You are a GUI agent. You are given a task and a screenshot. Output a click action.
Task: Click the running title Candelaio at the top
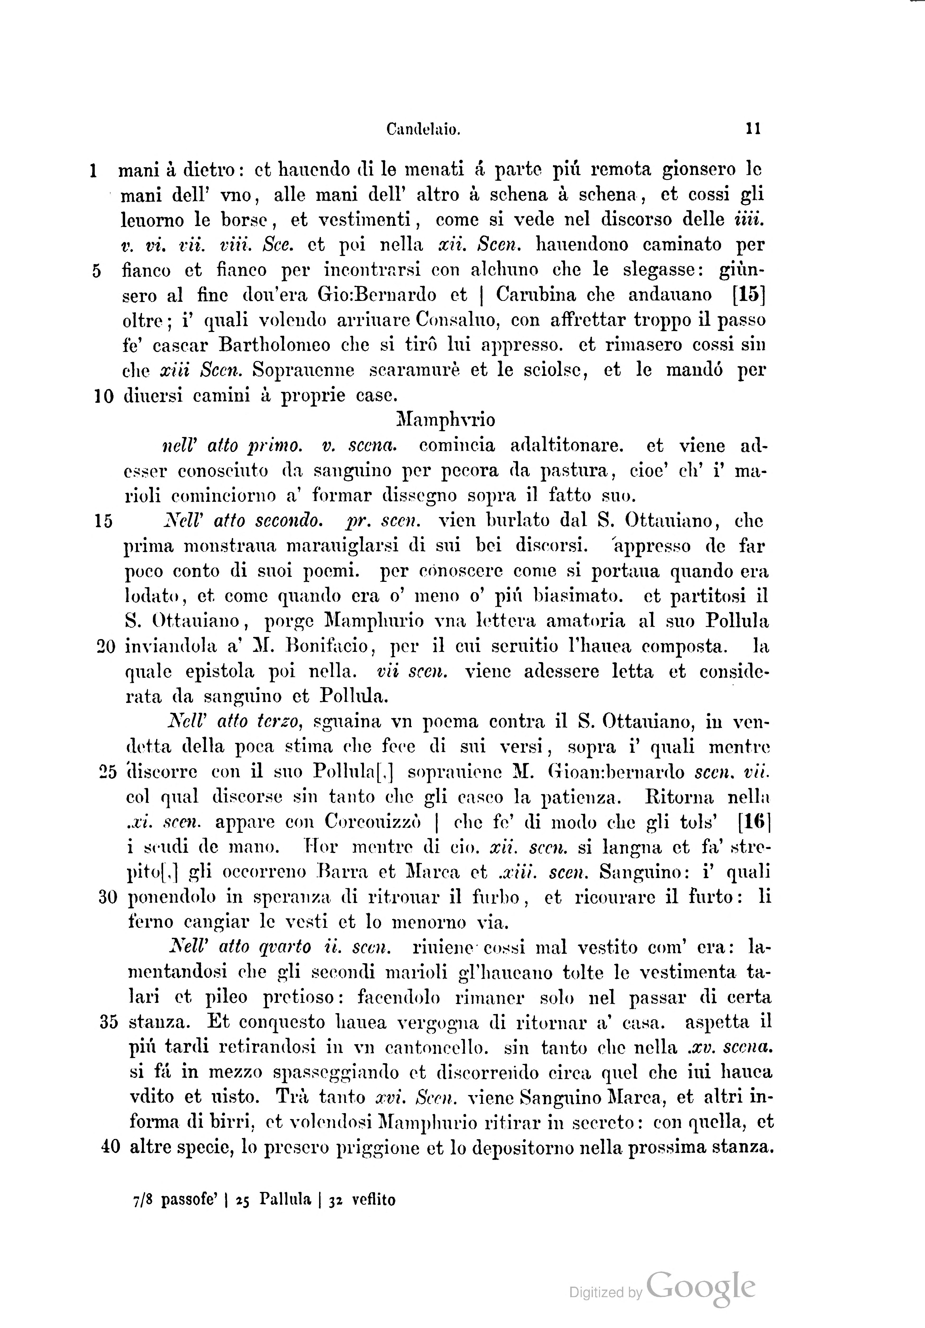[x=423, y=130]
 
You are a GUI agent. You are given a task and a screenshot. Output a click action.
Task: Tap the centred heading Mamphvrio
[x=446, y=420]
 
